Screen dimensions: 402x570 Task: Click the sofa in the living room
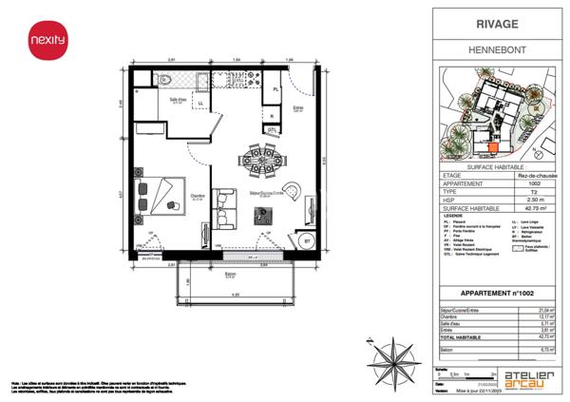click(x=224, y=201)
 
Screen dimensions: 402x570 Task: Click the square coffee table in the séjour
click(x=258, y=214)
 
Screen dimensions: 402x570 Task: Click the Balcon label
click(x=231, y=275)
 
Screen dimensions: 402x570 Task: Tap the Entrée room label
click(x=297, y=107)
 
